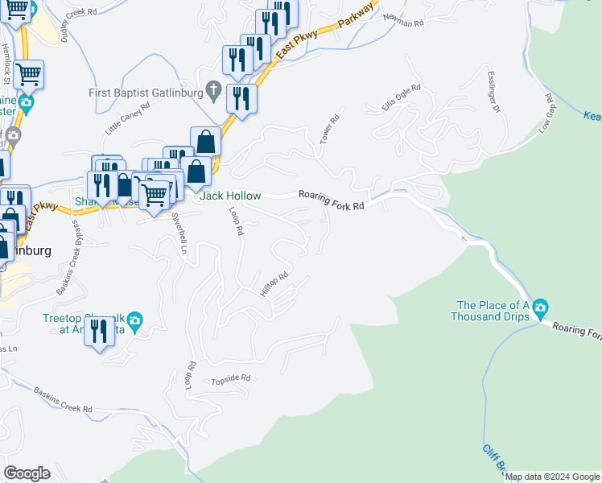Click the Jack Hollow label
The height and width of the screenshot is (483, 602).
[230, 196]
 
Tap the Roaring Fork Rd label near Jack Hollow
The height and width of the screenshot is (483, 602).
[332, 200]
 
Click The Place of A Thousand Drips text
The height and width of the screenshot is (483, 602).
[493, 311]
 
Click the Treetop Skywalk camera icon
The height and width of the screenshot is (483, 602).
[135, 320]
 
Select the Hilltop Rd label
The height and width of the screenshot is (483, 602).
[274, 286]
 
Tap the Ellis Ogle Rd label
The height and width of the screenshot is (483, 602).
[401, 99]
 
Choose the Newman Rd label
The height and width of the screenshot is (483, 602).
[403, 21]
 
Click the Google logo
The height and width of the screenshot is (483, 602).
[27, 473]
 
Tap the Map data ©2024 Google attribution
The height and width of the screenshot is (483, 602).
[552, 477]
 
